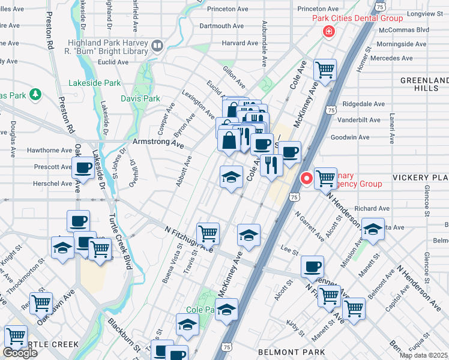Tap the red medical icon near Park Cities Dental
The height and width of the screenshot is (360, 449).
click(328, 32)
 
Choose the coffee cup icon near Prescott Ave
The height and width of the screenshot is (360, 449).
click(83, 167)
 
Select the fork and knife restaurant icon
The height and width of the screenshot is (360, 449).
click(271, 164)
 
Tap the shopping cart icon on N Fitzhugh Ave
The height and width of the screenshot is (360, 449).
click(208, 232)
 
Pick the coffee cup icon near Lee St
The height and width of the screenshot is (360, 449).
click(312, 266)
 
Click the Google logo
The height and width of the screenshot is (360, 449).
click(20, 353)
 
